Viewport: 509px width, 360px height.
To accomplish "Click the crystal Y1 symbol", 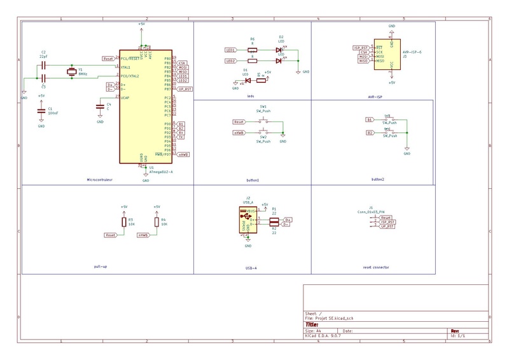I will point(71,73).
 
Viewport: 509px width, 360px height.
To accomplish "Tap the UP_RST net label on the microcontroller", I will point(184,90).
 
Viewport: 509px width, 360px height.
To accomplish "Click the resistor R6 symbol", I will point(252,50).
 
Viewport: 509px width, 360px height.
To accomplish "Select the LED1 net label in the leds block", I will point(231,50).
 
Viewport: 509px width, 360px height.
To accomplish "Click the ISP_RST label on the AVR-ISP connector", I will point(360,47).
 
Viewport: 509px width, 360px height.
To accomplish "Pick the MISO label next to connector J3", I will point(363,61).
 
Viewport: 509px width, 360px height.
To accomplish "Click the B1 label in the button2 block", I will point(369,120).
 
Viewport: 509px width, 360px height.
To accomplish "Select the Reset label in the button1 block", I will point(239,121).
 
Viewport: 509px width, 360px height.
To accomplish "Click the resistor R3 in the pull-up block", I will point(123,222).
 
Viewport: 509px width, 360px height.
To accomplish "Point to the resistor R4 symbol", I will point(157,222).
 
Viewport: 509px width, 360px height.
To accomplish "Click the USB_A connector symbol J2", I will point(246,221).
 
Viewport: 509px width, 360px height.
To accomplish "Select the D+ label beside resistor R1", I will point(288,219).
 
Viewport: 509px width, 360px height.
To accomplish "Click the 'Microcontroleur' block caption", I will point(99,180).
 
